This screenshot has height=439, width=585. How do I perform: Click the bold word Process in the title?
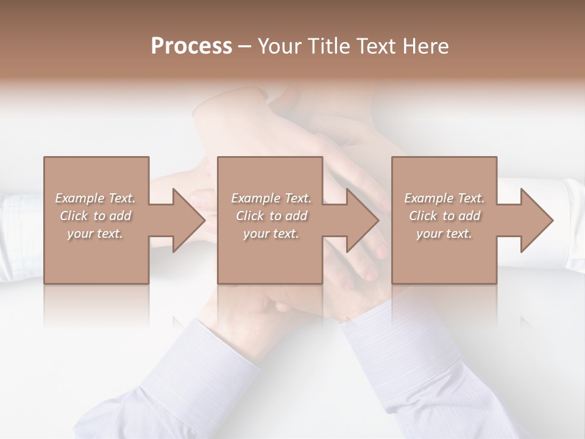(191, 46)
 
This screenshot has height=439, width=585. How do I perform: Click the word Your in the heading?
(278, 46)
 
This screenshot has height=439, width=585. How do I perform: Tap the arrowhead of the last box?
(536, 220)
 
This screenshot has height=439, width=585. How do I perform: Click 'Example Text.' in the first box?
(95, 198)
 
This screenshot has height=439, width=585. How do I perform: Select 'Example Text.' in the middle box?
(271, 198)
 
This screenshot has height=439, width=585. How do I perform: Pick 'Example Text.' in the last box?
(444, 198)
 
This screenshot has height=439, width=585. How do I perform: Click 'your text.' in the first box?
(95, 234)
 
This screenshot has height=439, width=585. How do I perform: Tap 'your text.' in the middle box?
(271, 234)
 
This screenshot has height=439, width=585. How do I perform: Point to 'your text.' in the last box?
(444, 234)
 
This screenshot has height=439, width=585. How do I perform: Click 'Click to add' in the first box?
(95, 216)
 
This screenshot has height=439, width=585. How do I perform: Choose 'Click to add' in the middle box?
(271, 216)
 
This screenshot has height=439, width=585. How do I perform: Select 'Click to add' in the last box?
(444, 216)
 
